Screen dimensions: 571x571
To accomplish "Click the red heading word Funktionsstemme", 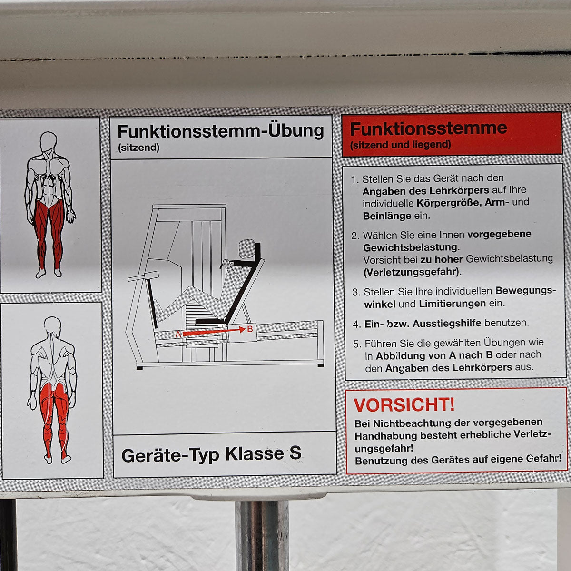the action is pyautogui.click(x=428, y=128).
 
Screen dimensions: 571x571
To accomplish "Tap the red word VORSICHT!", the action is pyautogui.click(x=404, y=405).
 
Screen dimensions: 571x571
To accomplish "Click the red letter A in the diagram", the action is pyautogui.click(x=178, y=334).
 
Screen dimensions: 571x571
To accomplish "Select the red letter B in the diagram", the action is pyautogui.click(x=250, y=329).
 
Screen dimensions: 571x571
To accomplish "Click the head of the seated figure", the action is pyautogui.click(x=246, y=248).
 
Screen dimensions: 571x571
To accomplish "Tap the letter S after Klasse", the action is pyautogui.click(x=295, y=453).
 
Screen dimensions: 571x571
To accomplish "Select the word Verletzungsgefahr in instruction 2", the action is pyautogui.click(x=412, y=272).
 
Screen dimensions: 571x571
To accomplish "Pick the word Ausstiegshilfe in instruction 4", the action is pyautogui.click(x=447, y=323).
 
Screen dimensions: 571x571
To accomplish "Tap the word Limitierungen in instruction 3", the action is pyautogui.click(x=452, y=304).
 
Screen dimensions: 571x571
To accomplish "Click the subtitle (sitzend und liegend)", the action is pyautogui.click(x=400, y=145).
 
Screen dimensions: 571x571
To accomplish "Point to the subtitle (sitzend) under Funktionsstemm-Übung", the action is pyautogui.click(x=138, y=147).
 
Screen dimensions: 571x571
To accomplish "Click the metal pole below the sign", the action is pyautogui.click(x=261, y=536).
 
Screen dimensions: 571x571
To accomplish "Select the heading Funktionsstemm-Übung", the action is pyautogui.click(x=221, y=131).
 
